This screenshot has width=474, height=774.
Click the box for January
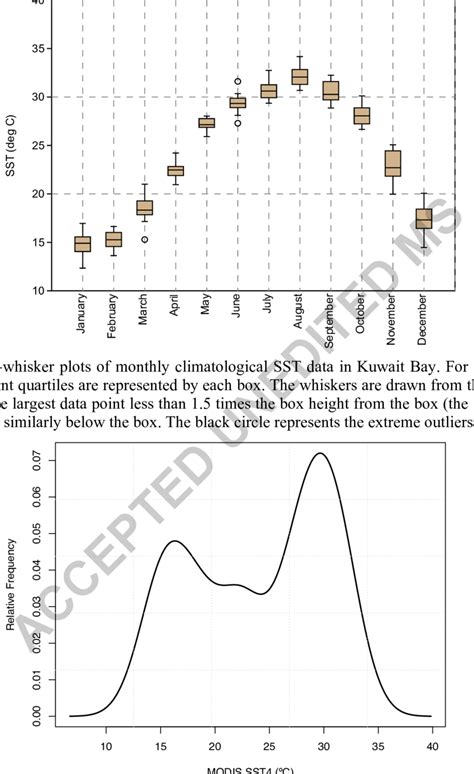coord(83,244)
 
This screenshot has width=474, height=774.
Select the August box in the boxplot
coord(299,77)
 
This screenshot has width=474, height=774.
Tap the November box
coord(392,163)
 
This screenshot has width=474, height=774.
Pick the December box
coord(423,219)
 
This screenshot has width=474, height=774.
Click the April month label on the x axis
coord(176,319)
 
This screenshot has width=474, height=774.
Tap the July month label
coord(268,316)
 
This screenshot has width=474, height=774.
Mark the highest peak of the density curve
coord(320,453)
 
